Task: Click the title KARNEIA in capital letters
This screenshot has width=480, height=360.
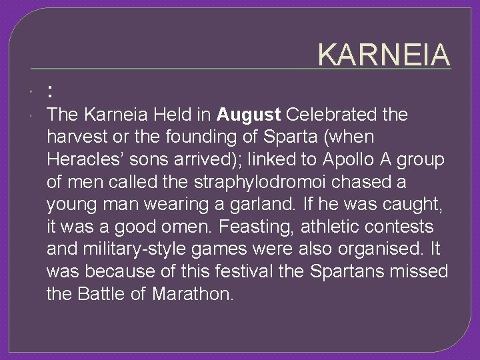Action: (x=384, y=55)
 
